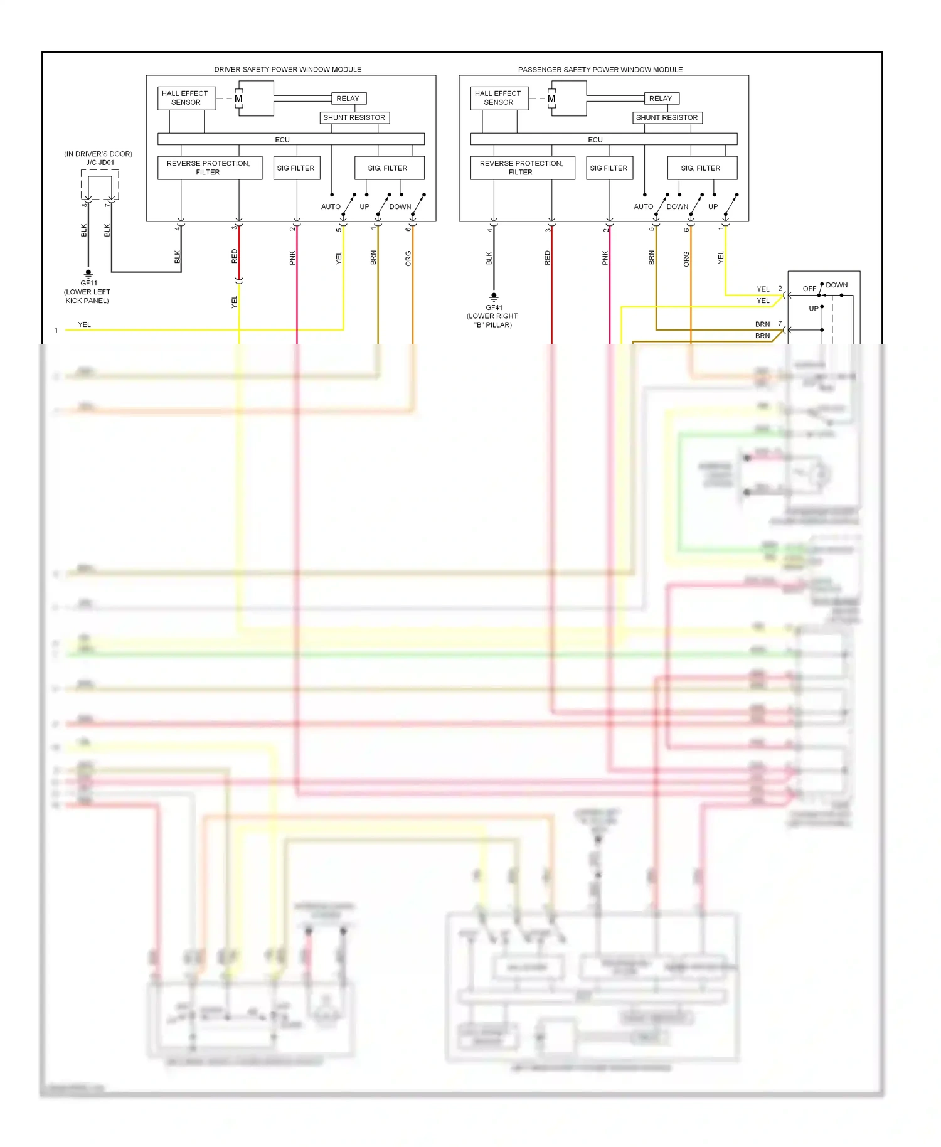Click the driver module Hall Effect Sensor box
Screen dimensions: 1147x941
pyautogui.click(x=186, y=98)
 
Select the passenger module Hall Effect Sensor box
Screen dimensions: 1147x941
pyautogui.click(x=499, y=98)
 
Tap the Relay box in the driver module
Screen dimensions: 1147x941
pyautogui.click(x=348, y=99)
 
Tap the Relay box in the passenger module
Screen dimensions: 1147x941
pyautogui.click(x=661, y=99)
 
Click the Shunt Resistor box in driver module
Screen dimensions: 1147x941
pyautogui.click(x=354, y=117)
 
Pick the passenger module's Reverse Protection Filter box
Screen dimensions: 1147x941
pyautogui.click(x=522, y=168)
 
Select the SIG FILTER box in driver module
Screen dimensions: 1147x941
pyautogui.click(x=296, y=168)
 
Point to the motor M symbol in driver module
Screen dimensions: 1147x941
pyautogui.click(x=239, y=99)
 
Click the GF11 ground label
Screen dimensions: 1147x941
pyautogui.click(x=88, y=283)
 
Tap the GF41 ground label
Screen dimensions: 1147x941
pyautogui.click(x=494, y=307)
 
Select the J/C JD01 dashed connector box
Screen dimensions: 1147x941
pyautogui.click(x=100, y=184)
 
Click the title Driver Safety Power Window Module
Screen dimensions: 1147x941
pyautogui.click(x=287, y=69)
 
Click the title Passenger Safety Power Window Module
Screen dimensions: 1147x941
pyautogui.click(x=600, y=69)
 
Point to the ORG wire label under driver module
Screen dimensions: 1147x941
pyautogui.click(x=408, y=258)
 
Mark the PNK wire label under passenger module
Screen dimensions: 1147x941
pyautogui.click(x=605, y=258)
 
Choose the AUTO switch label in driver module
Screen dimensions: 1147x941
pyautogui.click(x=331, y=206)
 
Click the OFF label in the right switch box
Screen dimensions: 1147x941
pyautogui.click(x=809, y=289)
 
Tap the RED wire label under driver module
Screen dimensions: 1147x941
pyautogui.click(x=235, y=256)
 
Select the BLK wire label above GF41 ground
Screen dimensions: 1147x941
pyautogui.click(x=489, y=258)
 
